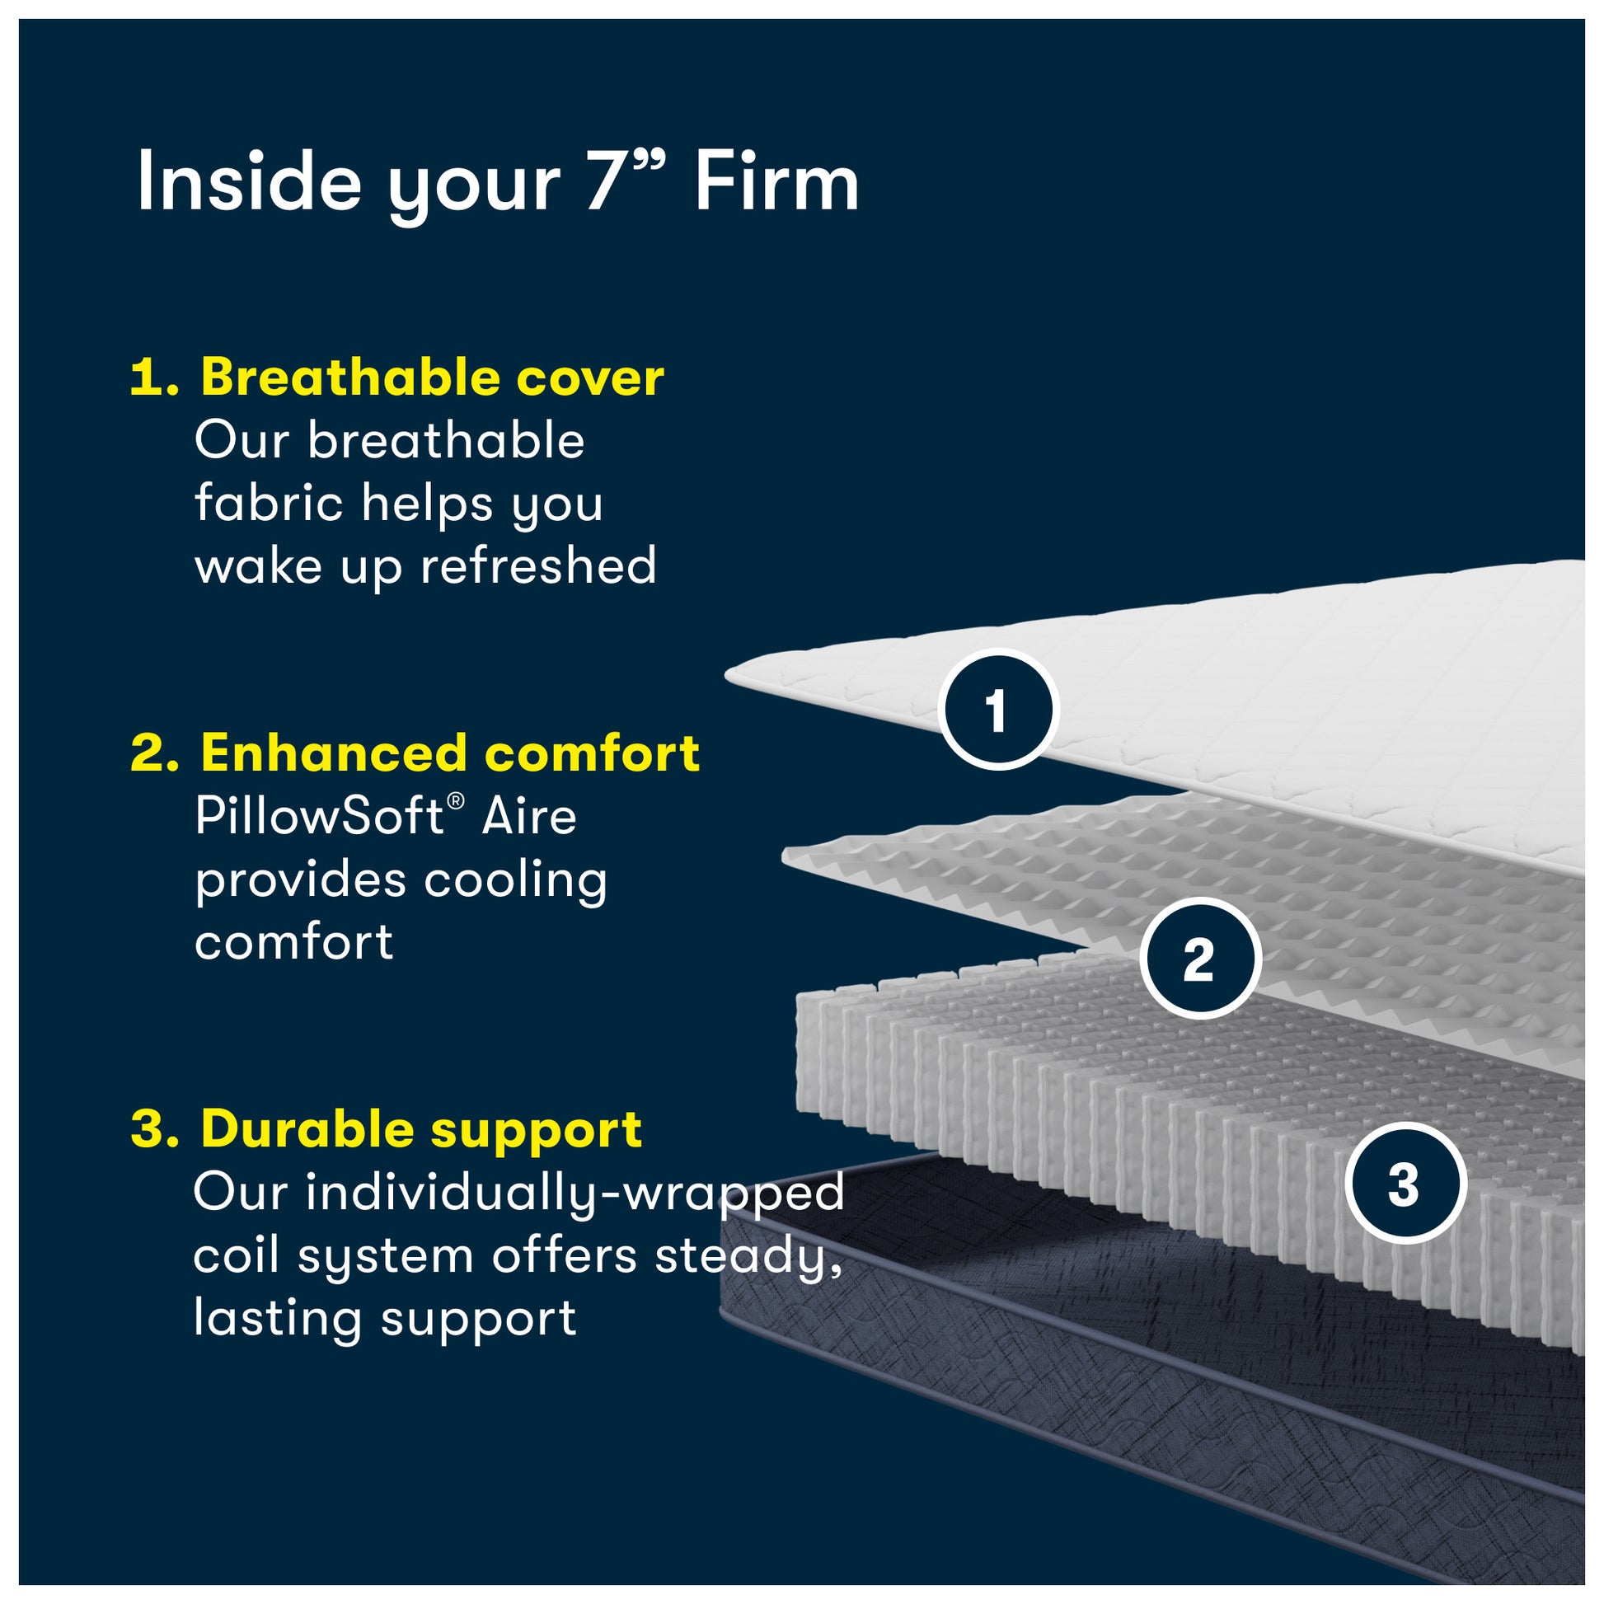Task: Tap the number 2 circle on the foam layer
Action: (x=1199, y=959)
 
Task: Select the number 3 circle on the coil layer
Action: (x=1403, y=1184)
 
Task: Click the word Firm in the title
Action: (x=776, y=183)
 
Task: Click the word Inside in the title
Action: (x=249, y=183)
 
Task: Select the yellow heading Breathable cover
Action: (x=432, y=378)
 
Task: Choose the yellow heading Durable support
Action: (x=421, y=1129)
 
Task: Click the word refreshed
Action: (x=538, y=566)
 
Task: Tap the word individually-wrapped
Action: (x=575, y=1193)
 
